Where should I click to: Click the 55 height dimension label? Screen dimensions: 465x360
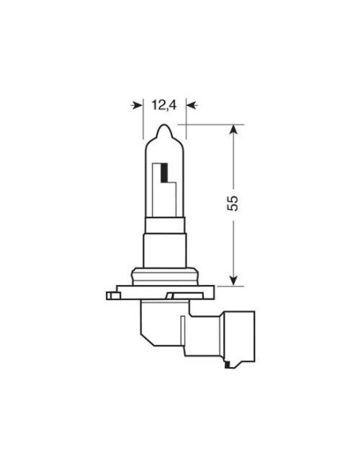[x=233, y=203]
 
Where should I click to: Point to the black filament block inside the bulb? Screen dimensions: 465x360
[x=165, y=172]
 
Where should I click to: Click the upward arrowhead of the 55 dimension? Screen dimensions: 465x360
[x=233, y=128]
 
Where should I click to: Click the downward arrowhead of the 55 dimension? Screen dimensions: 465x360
[x=233, y=279]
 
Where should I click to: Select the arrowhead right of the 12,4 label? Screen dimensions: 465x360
[x=190, y=104]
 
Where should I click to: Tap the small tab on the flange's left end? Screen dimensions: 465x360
[x=112, y=296]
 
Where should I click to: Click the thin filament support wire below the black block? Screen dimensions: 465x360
[x=170, y=195]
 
